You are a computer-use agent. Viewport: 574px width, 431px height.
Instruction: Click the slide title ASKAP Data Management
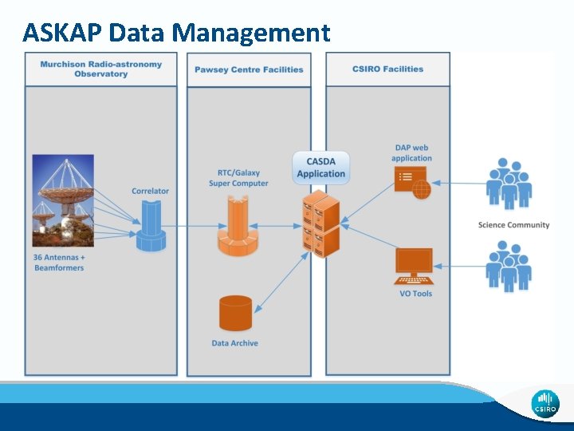point(176,33)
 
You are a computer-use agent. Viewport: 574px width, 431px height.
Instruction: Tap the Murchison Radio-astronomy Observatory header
point(101,69)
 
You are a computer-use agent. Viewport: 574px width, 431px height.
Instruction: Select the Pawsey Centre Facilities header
point(249,69)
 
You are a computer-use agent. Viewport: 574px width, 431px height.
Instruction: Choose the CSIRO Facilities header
point(387,69)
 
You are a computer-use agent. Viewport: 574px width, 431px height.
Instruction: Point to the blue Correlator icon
point(150,227)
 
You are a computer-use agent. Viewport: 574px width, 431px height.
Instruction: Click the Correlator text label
point(151,191)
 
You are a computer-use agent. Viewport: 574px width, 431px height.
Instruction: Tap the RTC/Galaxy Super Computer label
point(238,178)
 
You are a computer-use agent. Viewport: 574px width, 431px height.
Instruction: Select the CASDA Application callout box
point(321,168)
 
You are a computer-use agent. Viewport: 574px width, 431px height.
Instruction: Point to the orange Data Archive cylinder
point(235,313)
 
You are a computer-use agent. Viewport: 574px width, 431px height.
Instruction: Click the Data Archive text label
point(235,343)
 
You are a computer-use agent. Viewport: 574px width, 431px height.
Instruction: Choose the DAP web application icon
point(412,183)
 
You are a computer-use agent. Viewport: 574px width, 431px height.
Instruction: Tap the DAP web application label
point(411,153)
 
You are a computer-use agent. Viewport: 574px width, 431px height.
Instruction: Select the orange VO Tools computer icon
point(414,266)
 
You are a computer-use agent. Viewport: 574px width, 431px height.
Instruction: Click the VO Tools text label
point(415,294)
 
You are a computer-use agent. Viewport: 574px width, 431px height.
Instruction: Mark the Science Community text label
point(513,225)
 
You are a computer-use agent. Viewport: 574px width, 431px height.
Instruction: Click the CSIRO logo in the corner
point(545,403)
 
